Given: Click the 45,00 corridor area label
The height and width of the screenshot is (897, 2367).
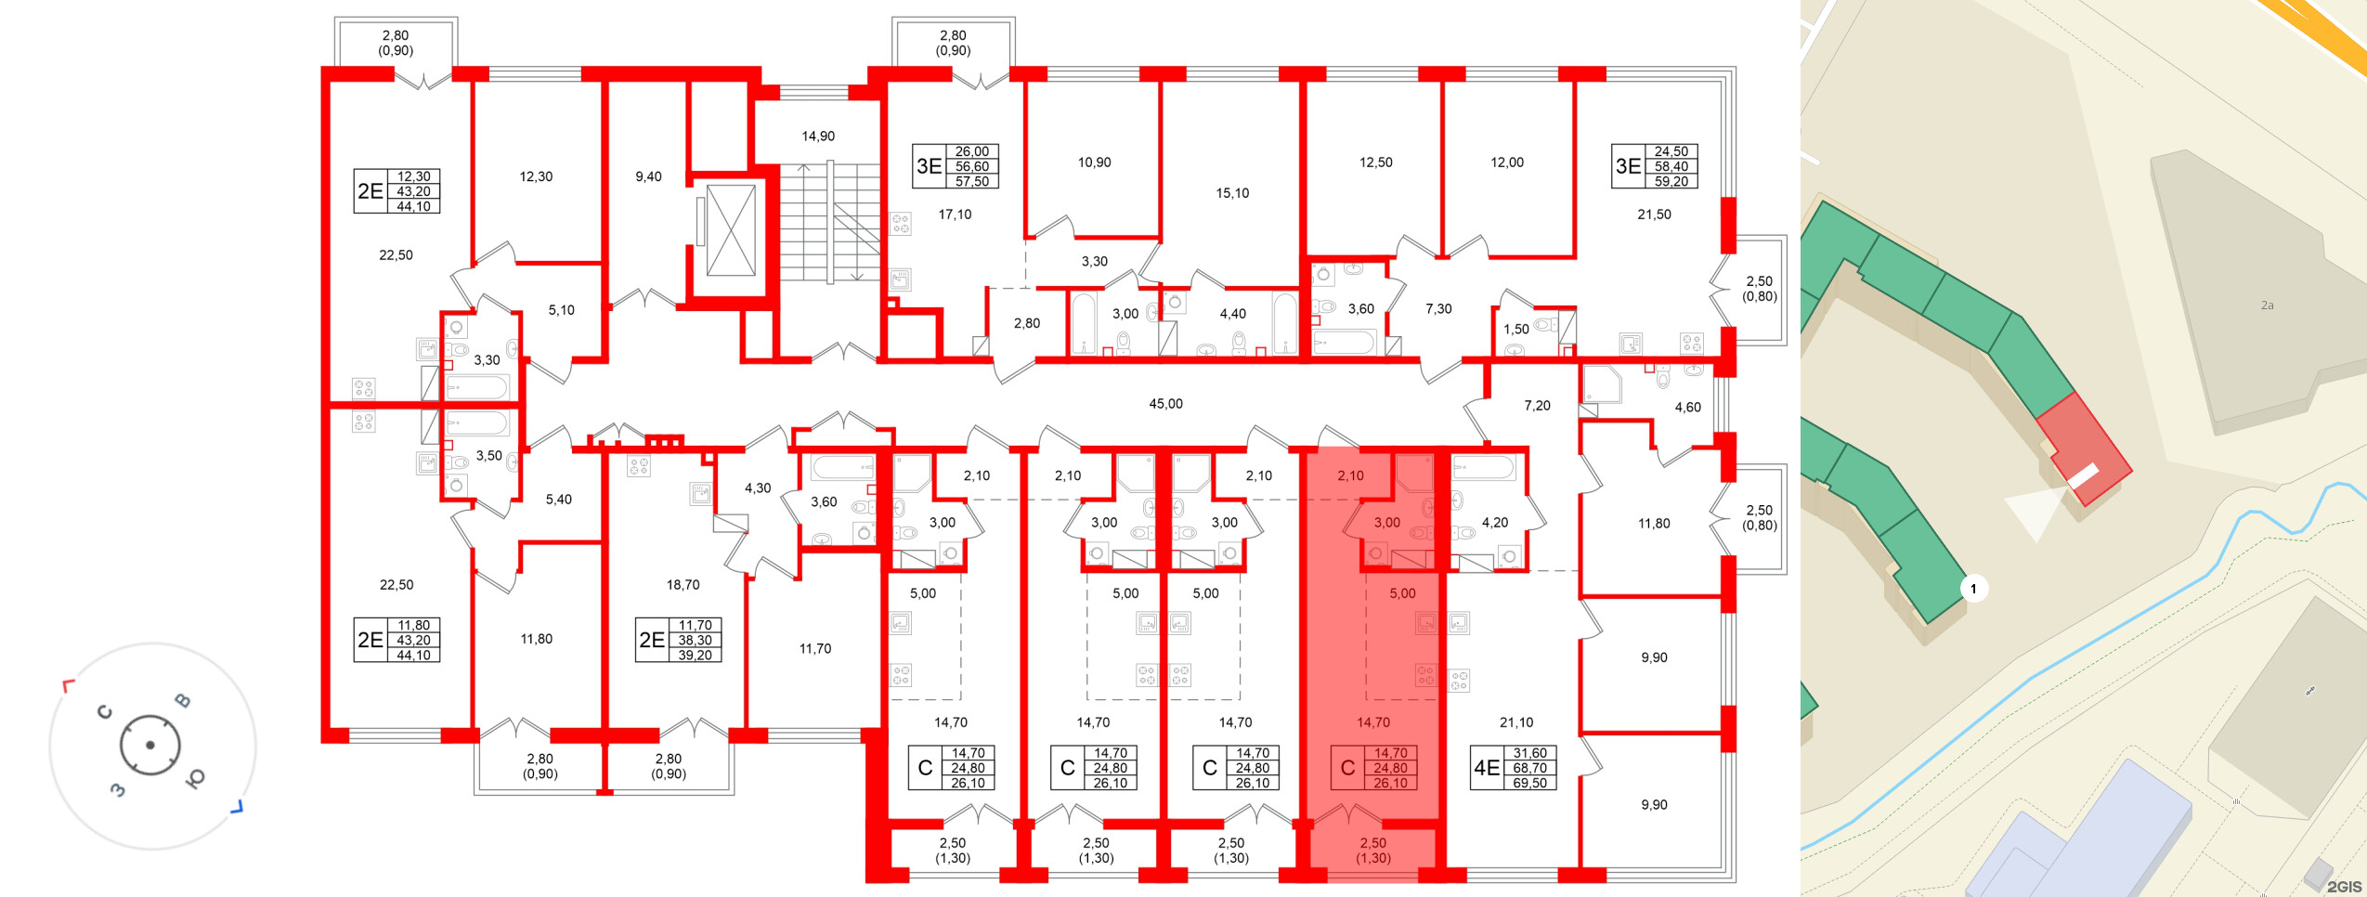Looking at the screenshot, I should click(x=1165, y=404).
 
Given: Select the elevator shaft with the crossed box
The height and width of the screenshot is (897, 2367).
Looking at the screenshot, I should click(x=731, y=230).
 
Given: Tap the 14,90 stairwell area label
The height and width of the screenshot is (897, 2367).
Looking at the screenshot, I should click(x=818, y=136).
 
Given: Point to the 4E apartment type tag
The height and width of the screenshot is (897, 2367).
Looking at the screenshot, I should click(x=1487, y=768).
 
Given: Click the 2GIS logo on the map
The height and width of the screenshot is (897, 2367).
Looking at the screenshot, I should click(x=2344, y=887).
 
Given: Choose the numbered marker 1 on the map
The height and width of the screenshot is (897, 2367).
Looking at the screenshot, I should click(x=1973, y=589).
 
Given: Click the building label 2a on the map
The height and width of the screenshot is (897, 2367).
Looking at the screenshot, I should click(x=2267, y=305).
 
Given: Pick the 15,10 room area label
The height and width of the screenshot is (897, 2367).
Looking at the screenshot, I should click(x=1232, y=193).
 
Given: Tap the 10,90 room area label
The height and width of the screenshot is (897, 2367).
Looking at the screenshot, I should click(x=1094, y=162).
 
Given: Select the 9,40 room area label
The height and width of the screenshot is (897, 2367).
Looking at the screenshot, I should click(x=648, y=176).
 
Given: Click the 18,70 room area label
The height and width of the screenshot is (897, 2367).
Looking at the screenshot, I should click(x=683, y=585).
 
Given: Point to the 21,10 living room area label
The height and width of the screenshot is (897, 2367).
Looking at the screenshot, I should click(x=1516, y=722).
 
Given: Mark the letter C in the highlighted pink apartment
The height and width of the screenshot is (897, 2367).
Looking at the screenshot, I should click(x=1347, y=768).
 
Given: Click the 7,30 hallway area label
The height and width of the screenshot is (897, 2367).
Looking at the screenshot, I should click(x=1438, y=309).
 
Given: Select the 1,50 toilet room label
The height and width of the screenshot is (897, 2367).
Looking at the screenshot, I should click(x=1515, y=330).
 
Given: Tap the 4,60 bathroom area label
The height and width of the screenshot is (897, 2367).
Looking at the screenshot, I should click(x=1687, y=408).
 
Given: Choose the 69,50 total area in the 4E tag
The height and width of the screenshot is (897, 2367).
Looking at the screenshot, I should click(x=1529, y=783).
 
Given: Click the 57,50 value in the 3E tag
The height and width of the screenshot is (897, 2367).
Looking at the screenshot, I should click(x=972, y=182).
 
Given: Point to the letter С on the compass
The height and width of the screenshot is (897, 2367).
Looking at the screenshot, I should click(x=105, y=712).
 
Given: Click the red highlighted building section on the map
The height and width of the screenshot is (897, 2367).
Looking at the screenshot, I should click(x=2085, y=446).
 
